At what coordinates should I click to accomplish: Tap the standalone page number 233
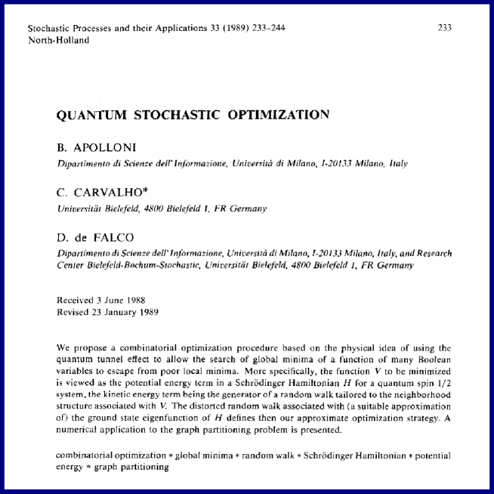coord(444,28)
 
